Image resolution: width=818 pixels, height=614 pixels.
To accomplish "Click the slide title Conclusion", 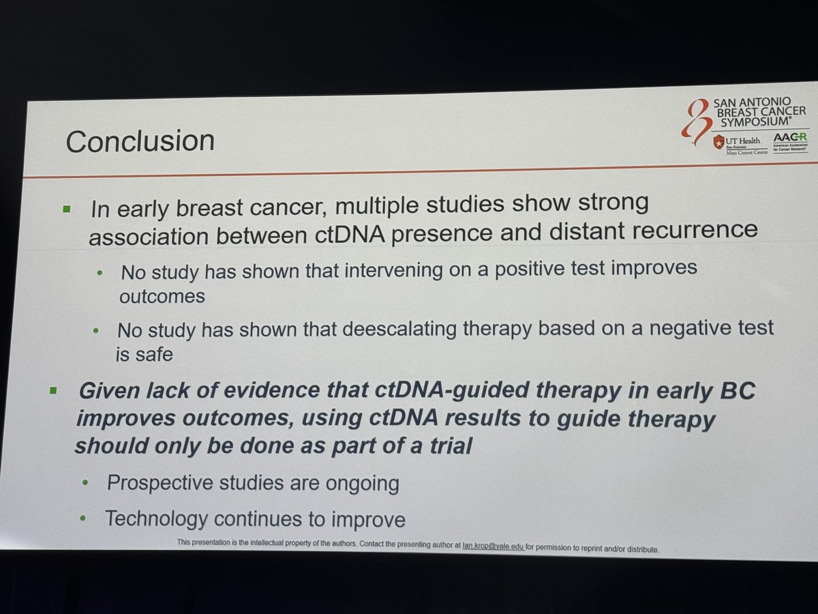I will pyautogui.click(x=140, y=141).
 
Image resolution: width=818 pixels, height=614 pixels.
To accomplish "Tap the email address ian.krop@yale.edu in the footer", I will pyautogui.click(x=487, y=543).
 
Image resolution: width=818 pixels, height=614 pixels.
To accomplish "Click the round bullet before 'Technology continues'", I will pyautogui.click(x=82, y=519).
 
